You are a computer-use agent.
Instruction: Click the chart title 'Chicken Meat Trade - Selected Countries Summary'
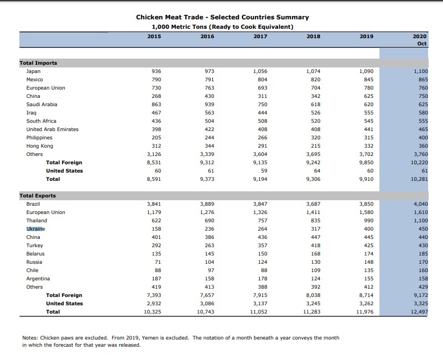point(222,18)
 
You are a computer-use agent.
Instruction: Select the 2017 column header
point(260,36)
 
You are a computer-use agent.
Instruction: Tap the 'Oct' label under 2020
point(422,44)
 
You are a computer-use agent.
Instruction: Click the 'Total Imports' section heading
point(38,63)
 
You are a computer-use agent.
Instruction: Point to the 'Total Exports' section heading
point(38,196)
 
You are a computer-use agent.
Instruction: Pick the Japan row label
point(33,71)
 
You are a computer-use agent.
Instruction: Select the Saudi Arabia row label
point(41,105)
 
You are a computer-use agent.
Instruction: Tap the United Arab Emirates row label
point(52,129)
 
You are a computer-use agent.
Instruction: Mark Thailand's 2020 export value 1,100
point(421,221)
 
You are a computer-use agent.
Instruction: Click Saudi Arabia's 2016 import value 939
point(209,105)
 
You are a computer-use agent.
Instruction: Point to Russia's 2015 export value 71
point(158,262)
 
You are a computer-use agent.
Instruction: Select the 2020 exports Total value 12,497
point(419,312)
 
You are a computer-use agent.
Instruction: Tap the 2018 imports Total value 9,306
point(312,179)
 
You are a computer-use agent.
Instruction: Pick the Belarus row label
point(35,254)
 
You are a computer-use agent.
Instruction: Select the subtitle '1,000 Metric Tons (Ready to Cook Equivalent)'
point(222,27)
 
